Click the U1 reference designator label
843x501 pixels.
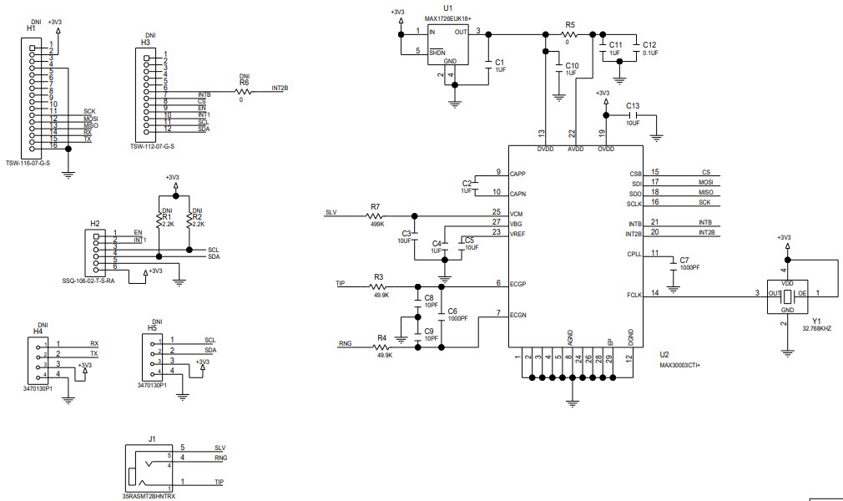point(447,7)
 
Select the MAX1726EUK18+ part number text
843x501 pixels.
point(447,18)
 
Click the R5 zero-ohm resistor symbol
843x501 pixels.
point(570,34)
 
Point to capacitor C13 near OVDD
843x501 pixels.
point(632,114)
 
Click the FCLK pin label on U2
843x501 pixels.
point(634,293)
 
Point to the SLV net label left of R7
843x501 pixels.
point(331,212)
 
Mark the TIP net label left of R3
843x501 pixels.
point(340,284)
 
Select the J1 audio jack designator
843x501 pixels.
point(152,438)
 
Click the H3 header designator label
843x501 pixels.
point(145,42)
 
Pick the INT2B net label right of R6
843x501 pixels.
point(280,88)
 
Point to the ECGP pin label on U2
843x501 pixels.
point(517,283)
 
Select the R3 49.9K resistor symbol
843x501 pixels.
point(380,286)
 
